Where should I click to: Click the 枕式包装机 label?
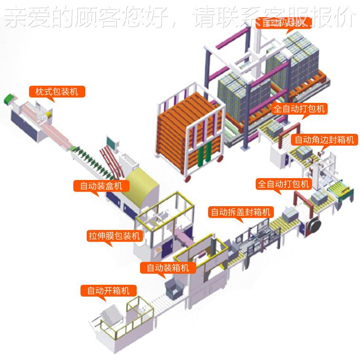coord(57,91)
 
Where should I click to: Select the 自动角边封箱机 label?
coord(324,140)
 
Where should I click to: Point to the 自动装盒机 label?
coord(100,186)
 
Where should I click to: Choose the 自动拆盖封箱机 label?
coord(240,212)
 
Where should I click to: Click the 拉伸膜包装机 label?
coord(114,236)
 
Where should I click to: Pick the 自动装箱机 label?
coord(167,268)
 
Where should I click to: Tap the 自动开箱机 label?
coord(108,290)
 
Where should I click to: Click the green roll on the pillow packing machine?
coord(8,100)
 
